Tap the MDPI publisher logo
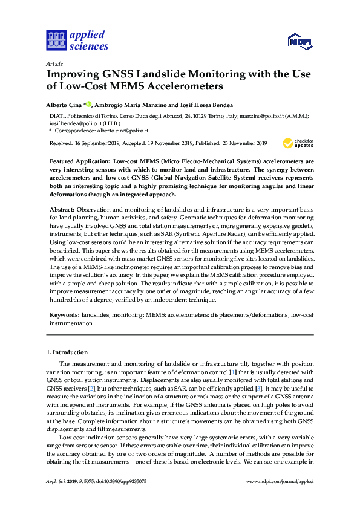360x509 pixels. coord(301,41)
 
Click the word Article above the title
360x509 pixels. coord(54,63)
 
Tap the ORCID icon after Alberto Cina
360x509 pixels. coord(88,103)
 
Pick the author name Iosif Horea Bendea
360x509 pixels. coord(208,104)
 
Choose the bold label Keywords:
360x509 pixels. coord(64,315)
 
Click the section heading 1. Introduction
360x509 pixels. coord(67,352)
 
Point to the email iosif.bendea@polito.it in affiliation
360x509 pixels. coord(76,123)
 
